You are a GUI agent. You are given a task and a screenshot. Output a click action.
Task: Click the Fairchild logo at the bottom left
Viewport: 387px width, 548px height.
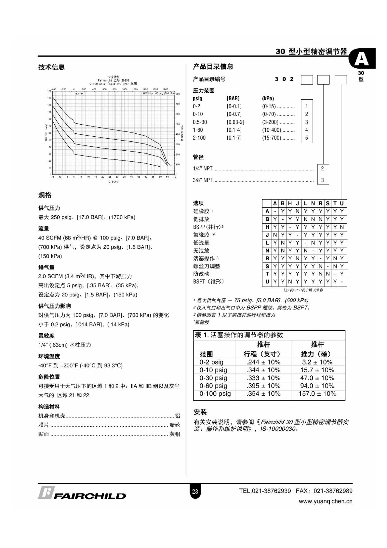[x=82, y=493]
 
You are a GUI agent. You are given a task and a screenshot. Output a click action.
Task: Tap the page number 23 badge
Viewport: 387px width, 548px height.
[x=195, y=491]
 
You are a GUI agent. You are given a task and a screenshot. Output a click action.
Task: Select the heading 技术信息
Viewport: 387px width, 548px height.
[x=51, y=67]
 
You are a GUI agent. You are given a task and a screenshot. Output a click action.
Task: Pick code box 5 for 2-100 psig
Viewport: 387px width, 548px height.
[x=306, y=138]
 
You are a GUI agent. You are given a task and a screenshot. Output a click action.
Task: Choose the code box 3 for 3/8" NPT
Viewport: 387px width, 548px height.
[x=322, y=180]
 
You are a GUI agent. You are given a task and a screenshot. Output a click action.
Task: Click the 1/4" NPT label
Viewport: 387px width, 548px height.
[x=203, y=169]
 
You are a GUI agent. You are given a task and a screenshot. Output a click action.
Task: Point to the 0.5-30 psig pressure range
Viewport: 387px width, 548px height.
[x=200, y=122]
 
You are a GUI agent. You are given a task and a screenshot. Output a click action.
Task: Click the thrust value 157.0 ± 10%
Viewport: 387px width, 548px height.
[x=317, y=394]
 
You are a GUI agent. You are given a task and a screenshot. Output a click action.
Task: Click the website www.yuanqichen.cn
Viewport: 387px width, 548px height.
[x=325, y=501]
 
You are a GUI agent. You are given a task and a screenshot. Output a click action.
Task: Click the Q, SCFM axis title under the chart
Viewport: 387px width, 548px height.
[x=113, y=182]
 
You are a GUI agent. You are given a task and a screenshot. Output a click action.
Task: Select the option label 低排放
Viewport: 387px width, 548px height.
[x=201, y=219]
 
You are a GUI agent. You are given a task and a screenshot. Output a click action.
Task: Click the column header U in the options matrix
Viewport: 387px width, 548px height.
[x=342, y=203]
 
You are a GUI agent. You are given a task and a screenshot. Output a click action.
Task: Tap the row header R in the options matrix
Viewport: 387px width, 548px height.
[x=267, y=258]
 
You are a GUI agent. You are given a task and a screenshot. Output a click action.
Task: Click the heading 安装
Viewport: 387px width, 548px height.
[x=200, y=412]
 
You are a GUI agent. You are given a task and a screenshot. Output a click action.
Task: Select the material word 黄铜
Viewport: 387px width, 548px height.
[x=175, y=434]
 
